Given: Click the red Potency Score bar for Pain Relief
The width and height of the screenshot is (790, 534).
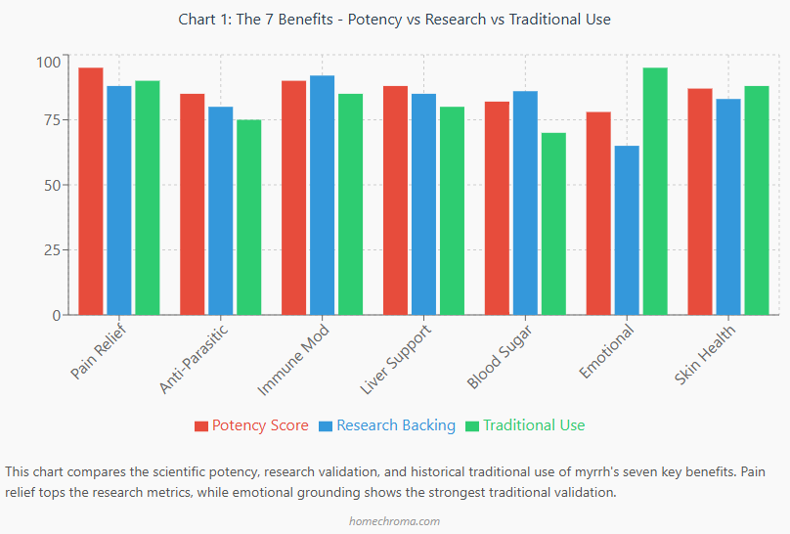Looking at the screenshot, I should click(x=91, y=192).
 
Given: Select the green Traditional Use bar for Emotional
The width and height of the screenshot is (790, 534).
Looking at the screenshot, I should click(x=655, y=192).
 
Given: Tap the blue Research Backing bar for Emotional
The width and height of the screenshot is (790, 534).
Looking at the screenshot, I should click(x=627, y=231).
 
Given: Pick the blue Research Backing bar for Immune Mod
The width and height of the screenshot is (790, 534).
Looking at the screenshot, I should click(x=323, y=196).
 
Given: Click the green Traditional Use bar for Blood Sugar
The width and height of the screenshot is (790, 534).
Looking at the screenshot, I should click(x=553, y=224).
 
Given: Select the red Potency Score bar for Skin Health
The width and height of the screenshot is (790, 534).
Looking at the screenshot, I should click(x=700, y=201).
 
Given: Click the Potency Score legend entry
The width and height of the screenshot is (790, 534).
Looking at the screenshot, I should click(x=251, y=425).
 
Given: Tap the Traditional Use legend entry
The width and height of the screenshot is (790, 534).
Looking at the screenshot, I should click(x=525, y=425).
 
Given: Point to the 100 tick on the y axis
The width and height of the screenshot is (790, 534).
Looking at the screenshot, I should click(x=48, y=62).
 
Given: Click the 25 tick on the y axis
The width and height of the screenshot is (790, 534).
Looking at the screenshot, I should click(x=52, y=250).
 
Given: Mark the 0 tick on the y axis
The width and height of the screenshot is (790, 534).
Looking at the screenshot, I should click(x=56, y=315).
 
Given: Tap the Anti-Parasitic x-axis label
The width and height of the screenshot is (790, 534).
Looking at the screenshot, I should click(x=194, y=359).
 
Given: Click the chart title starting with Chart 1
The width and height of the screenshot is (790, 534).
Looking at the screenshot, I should click(x=395, y=20).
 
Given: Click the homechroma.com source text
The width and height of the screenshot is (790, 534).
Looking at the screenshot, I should click(x=395, y=521).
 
